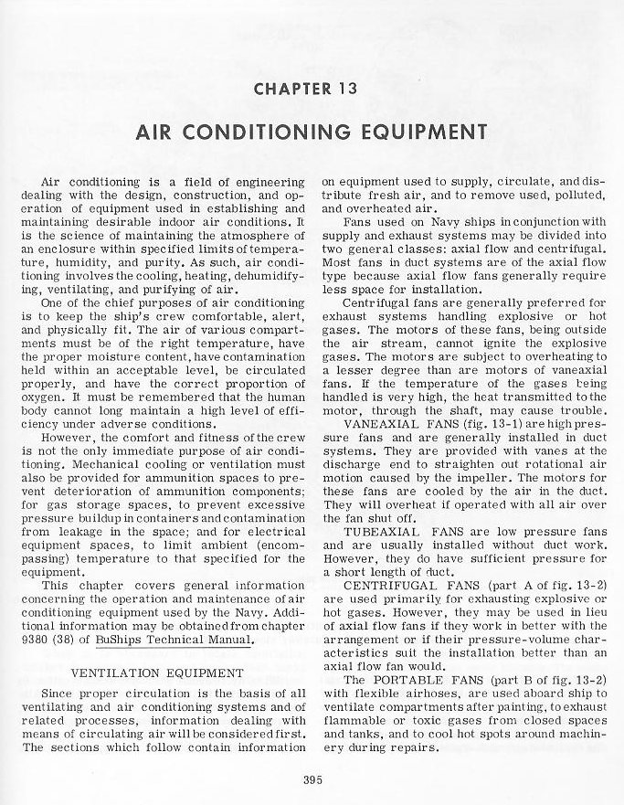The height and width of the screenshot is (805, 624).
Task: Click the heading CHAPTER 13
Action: [x=312, y=90]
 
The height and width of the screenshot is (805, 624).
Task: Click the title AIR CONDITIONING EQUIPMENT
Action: [x=312, y=131]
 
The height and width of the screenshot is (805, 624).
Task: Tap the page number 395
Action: [x=312, y=779]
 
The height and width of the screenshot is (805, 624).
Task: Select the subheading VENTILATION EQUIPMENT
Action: [x=157, y=673]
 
